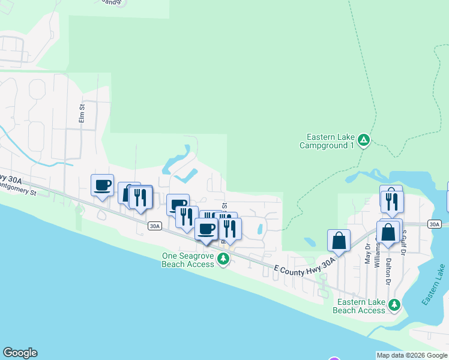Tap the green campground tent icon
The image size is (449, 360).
point(363,141)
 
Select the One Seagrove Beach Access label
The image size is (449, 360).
point(188,259)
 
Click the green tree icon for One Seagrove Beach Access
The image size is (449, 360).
point(223,259)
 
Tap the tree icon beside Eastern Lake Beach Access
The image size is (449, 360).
point(394,305)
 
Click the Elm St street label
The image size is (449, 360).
point(83,114)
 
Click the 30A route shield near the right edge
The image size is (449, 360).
point(435,224)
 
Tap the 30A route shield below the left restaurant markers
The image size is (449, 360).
point(155,226)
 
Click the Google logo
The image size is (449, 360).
point(20,353)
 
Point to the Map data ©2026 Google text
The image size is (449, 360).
point(411,355)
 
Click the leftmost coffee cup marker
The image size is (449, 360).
point(102,185)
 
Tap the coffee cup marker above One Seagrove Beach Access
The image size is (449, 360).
point(206,229)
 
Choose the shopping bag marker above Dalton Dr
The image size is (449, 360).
point(388,232)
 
